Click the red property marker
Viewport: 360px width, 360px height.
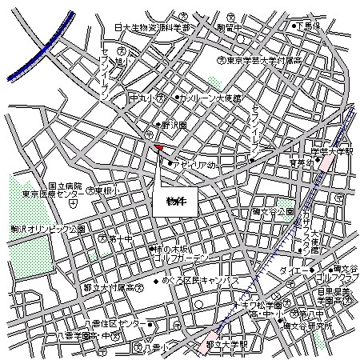pyautogui.click(x=158, y=148)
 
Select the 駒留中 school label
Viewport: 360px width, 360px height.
pyautogui.click(x=228, y=26)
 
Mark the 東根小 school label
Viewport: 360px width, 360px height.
pyautogui.click(x=106, y=191)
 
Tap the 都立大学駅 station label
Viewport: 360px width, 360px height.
pyautogui.click(x=227, y=345)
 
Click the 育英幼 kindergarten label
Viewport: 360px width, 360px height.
pyautogui.click(x=302, y=163)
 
